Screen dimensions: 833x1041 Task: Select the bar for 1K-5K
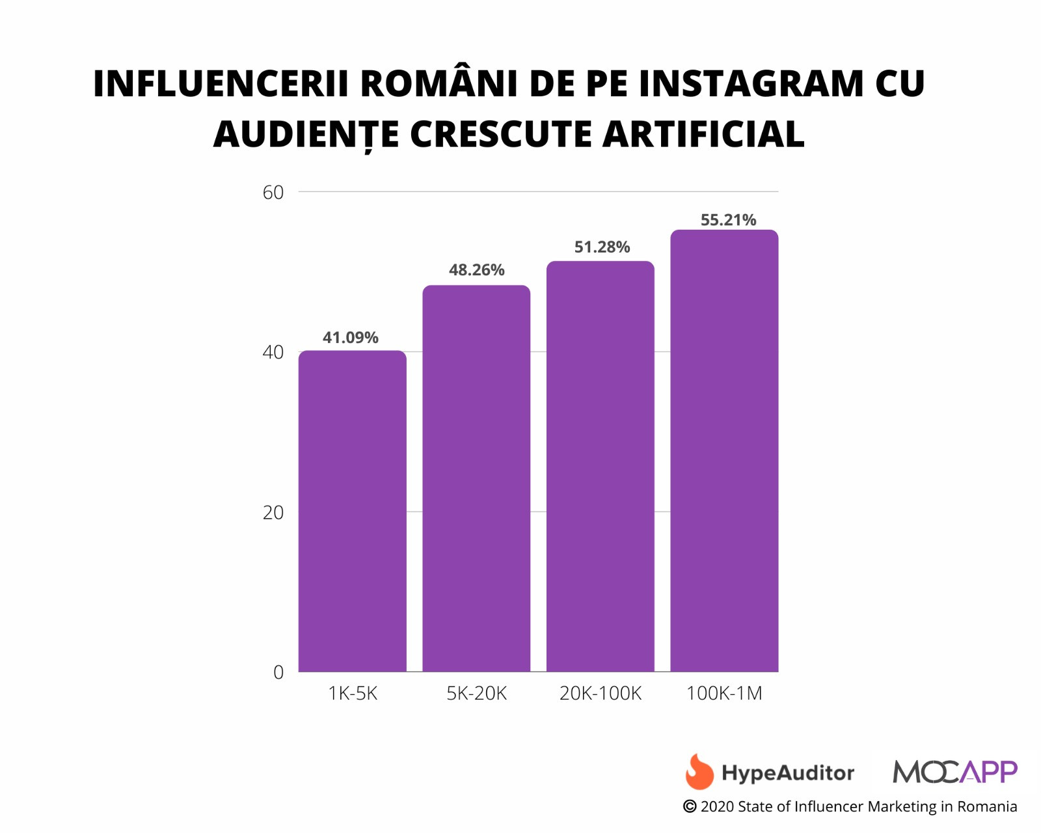coord(352,511)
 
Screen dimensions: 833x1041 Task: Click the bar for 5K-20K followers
coord(476,478)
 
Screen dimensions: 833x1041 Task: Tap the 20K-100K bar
coord(600,466)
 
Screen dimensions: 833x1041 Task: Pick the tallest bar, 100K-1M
coord(724,450)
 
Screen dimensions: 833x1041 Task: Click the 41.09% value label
coord(351,337)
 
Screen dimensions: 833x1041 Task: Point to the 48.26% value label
coord(476,269)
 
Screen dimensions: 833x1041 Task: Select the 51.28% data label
coord(602,247)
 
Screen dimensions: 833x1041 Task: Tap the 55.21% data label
coord(728,220)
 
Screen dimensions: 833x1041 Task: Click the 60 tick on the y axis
coord(273,192)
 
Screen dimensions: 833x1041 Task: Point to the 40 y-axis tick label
coord(273,352)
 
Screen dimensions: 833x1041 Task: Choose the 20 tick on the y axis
coord(273,513)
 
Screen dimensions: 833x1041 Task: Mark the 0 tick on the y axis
coord(278,672)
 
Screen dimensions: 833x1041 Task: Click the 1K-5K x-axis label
coord(353,693)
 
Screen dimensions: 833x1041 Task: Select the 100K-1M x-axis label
coord(724,693)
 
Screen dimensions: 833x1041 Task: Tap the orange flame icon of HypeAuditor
coord(699,772)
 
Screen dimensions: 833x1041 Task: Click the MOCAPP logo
coord(954,772)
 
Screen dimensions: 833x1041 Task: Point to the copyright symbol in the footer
coord(690,807)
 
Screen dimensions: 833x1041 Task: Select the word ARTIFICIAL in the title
coord(703,134)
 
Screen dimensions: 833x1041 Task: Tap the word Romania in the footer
coord(987,807)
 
